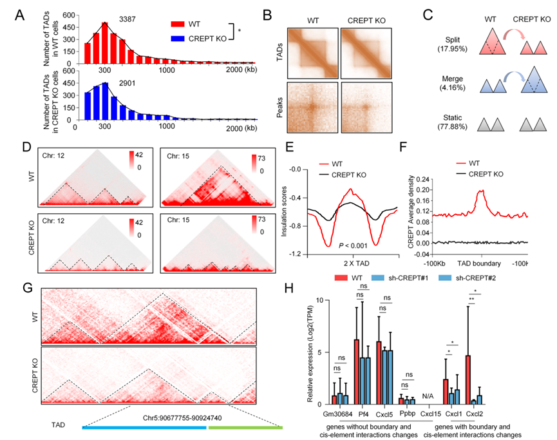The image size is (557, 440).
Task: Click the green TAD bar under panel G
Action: pos(245,426)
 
